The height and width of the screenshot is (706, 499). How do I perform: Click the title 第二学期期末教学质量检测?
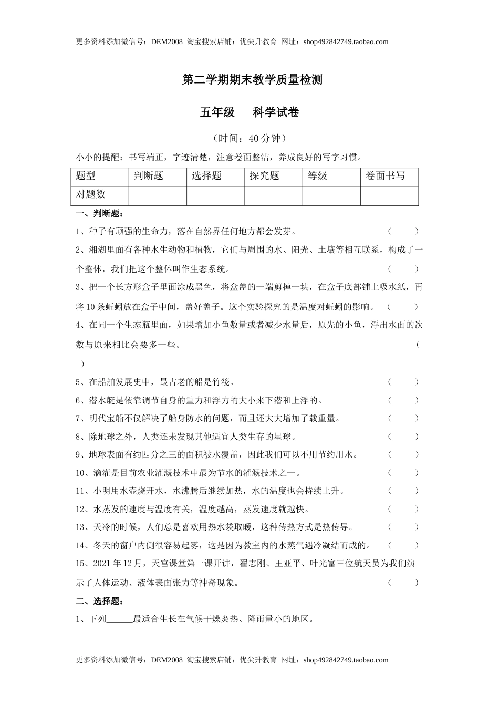252,80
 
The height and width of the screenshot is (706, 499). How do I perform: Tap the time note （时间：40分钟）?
250,138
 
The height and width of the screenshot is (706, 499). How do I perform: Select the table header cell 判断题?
149,176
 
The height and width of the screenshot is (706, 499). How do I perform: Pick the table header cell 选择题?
206,176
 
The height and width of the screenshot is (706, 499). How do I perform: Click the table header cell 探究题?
264,176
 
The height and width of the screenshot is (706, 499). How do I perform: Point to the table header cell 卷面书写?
386,176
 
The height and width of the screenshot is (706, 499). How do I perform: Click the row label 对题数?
91,194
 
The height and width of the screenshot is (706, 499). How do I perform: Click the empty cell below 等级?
331,195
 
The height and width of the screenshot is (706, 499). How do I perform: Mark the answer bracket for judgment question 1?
403,231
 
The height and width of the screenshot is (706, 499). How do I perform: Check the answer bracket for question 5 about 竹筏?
403,382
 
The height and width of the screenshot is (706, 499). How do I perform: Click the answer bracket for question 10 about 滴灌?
403,473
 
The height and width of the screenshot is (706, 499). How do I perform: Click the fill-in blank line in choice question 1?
120,619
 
